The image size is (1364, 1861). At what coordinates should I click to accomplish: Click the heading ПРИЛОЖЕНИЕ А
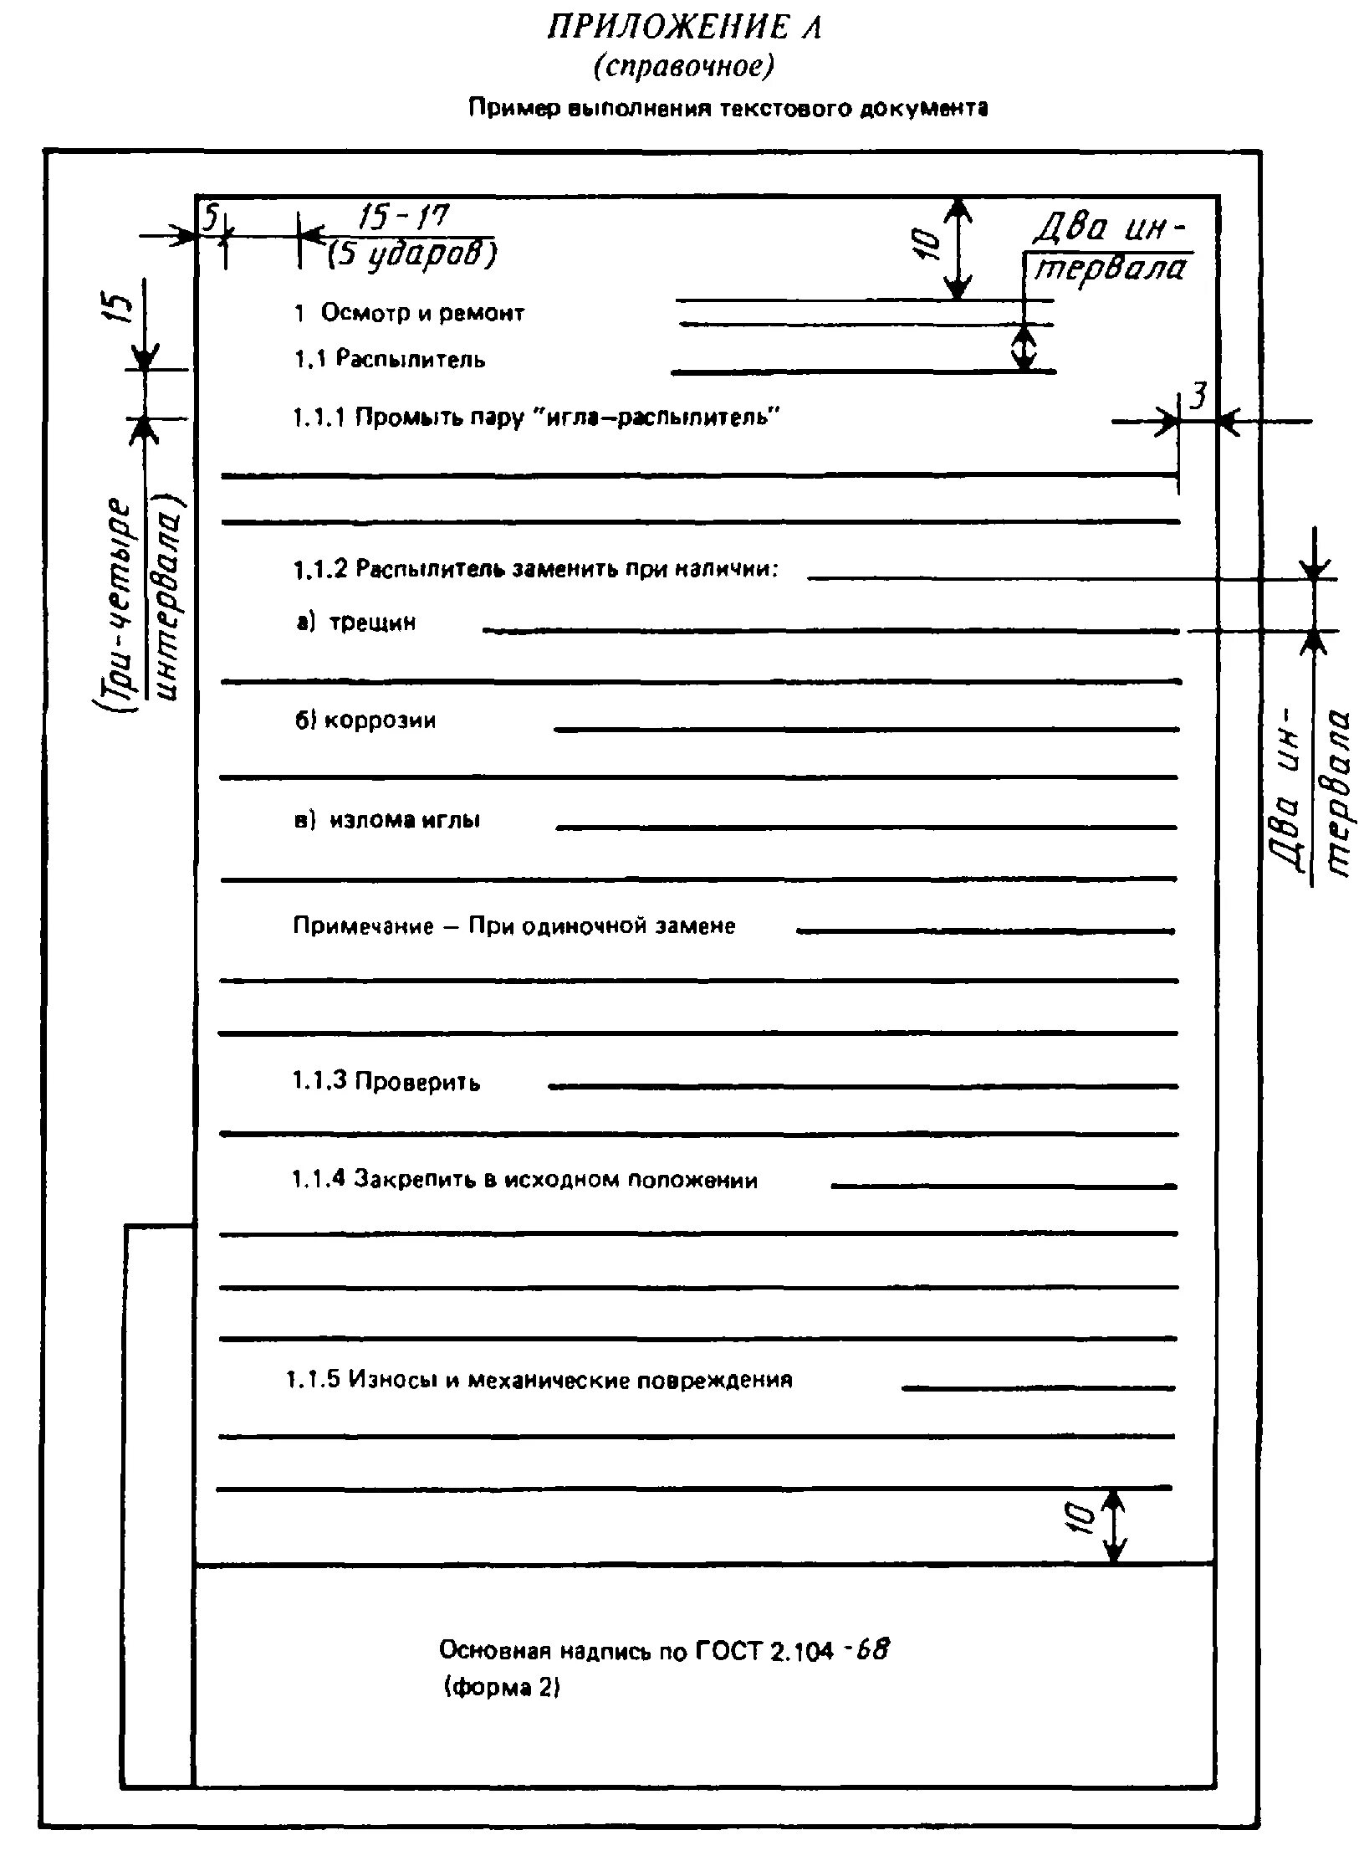pos(684,28)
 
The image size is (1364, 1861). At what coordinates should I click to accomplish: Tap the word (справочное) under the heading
pos(684,67)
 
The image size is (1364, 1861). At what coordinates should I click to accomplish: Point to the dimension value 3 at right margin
pos(1198,396)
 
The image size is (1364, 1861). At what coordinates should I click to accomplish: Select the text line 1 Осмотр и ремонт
pos(409,314)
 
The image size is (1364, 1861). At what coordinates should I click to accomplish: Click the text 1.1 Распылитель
pos(389,360)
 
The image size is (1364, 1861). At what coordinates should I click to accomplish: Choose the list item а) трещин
pos(356,623)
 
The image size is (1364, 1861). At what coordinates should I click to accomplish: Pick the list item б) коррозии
pos(365,720)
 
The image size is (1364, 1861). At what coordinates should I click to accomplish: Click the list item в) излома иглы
pos(387,820)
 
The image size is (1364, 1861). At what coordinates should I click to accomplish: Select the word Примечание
pos(363,925)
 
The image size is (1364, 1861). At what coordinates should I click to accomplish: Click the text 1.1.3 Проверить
pos(386,1082)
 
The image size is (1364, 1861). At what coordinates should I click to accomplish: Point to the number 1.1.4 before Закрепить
pos(318,1180)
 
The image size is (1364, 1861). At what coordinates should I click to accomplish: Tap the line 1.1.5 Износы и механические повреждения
pos(539,1380)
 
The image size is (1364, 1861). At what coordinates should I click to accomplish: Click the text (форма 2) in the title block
pos(502,1687)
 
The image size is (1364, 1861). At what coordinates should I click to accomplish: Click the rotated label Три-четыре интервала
pos(138,602)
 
